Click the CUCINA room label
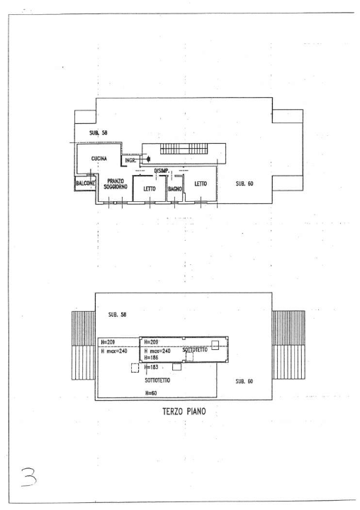(x=99, y=159)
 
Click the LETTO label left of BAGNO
(x=150, y=189)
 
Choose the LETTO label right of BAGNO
(x=201, y=183)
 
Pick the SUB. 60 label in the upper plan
(x=244, y=183)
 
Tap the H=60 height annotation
(x=150, y=392)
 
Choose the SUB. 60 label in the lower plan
(x=244, y=381)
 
